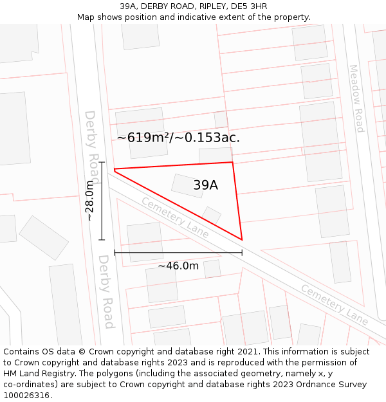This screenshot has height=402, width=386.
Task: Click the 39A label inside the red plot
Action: point(205,185)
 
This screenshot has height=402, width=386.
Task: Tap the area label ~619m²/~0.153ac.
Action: point(178,137)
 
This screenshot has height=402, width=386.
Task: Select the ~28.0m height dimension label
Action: point(90,201)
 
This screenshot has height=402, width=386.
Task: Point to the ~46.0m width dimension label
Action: point(178,266)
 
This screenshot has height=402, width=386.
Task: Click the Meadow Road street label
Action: point(356,98)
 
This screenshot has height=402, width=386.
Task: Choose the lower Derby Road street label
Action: point(106,291)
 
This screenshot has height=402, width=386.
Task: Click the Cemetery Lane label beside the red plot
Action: point(175,217)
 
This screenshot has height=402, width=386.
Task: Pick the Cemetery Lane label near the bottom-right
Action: point(335,304)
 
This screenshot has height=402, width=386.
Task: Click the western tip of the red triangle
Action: point(115,170)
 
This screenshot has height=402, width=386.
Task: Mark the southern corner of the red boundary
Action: point(242,240)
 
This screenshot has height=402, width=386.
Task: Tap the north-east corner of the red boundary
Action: point(232,162)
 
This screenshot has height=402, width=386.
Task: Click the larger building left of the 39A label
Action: point(187,185)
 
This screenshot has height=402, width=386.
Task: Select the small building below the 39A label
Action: point(212,215)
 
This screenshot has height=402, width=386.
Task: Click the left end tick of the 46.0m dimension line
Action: point(115,253)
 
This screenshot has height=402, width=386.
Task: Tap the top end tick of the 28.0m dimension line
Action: point(102,163)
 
